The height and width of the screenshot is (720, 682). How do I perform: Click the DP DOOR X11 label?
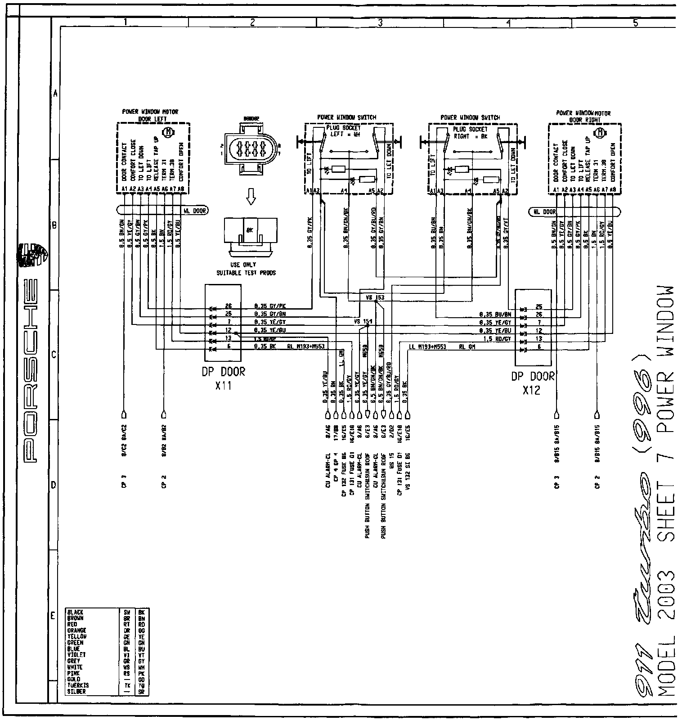(x=223, y=379)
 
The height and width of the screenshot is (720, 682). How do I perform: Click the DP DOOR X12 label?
(x=533, y=383)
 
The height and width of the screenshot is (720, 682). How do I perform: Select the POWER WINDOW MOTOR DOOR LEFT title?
(x=150, y=115)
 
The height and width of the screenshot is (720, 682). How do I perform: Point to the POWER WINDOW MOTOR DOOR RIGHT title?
(x=583, y=117)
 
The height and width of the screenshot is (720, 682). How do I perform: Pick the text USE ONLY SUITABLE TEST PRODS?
(x=246, y=269)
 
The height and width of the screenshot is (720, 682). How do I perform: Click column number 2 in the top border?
(x=252, y=22)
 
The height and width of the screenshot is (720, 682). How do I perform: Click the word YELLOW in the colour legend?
(x=76, y=636)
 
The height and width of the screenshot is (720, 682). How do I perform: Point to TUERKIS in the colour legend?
(x=78, y=685)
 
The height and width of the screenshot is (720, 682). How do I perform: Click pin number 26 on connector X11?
(x=228, y=306)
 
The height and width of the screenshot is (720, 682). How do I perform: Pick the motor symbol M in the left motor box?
(x=169, y=132)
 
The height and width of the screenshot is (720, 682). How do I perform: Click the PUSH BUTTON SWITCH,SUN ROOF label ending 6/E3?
(x=368, y=499)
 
